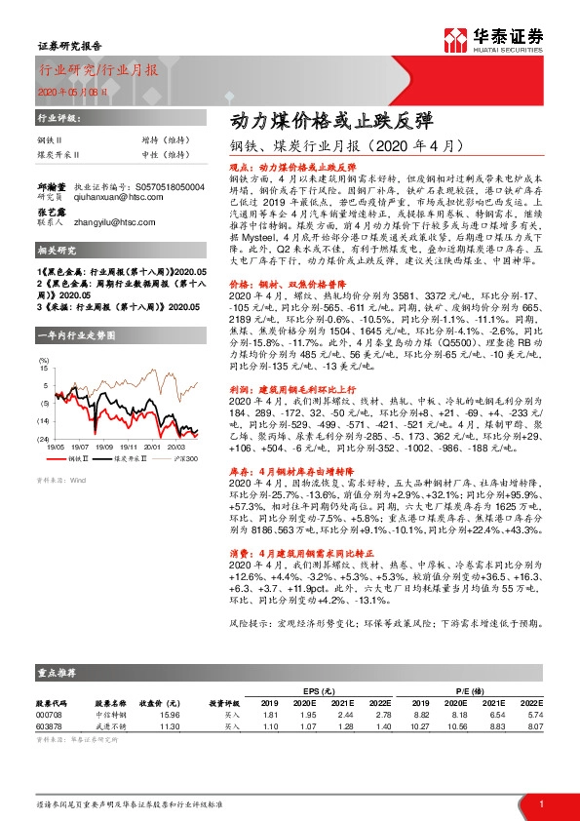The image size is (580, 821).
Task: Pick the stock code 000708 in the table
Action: [x=48, y=716]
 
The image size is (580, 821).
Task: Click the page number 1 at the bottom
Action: [x=540, y=803]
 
